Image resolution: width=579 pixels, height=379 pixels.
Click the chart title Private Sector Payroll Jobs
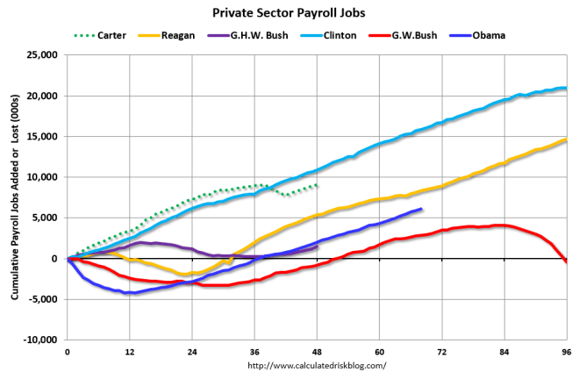click(x=289, y=14)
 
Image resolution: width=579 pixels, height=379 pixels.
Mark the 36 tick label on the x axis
click(x=254, y=352)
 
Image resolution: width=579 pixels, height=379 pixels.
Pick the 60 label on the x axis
click(x=378, y=352)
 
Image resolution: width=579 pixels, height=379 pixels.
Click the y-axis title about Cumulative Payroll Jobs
click(x=15, y=197)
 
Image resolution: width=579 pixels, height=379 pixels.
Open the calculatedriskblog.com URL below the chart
click(x=318, y=366)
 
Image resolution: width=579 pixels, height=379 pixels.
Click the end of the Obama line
click(x=421, y=210)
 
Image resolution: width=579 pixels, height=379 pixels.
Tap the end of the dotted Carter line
click(x=317, y=186)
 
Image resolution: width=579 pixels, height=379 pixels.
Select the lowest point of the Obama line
click(x=129, y=292)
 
